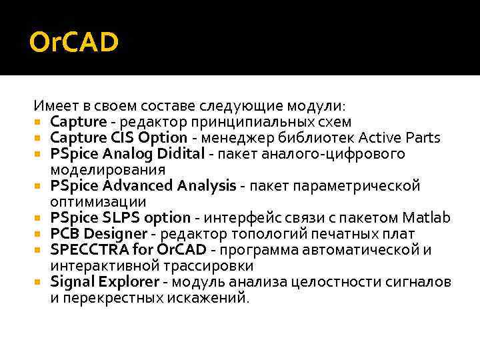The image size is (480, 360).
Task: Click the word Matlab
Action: (x=427, y=218)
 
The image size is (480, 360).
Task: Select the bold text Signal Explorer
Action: (x=105, y=282)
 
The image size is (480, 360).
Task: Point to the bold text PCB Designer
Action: (x=99, y=234)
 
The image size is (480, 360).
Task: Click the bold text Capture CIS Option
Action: (x=119, y=138)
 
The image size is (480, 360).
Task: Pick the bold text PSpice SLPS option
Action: (x=120, y=218)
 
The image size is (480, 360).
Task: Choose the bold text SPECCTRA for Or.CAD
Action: (x=122, y=250)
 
